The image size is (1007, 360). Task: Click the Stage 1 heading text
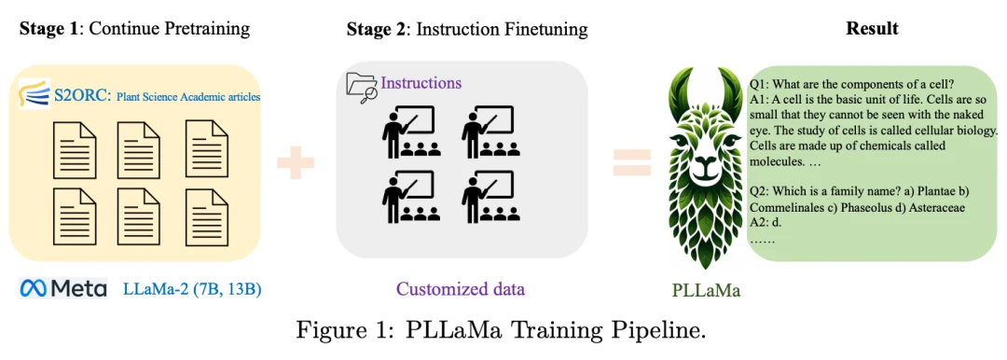tap(135, 29)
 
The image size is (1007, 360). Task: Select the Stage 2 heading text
tap(467, 30)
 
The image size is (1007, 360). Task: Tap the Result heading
tap(872, 29)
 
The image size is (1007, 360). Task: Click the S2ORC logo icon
tap(34, 94)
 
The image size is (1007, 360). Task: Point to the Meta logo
tap(63, 288)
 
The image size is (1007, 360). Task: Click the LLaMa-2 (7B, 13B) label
tap(192, 289)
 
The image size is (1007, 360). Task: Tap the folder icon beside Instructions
tap(362, 88)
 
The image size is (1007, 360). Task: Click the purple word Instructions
tap(421, 83)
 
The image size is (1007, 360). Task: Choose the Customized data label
tap(461, 289)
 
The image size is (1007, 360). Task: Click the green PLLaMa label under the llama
tap(707, 291)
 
